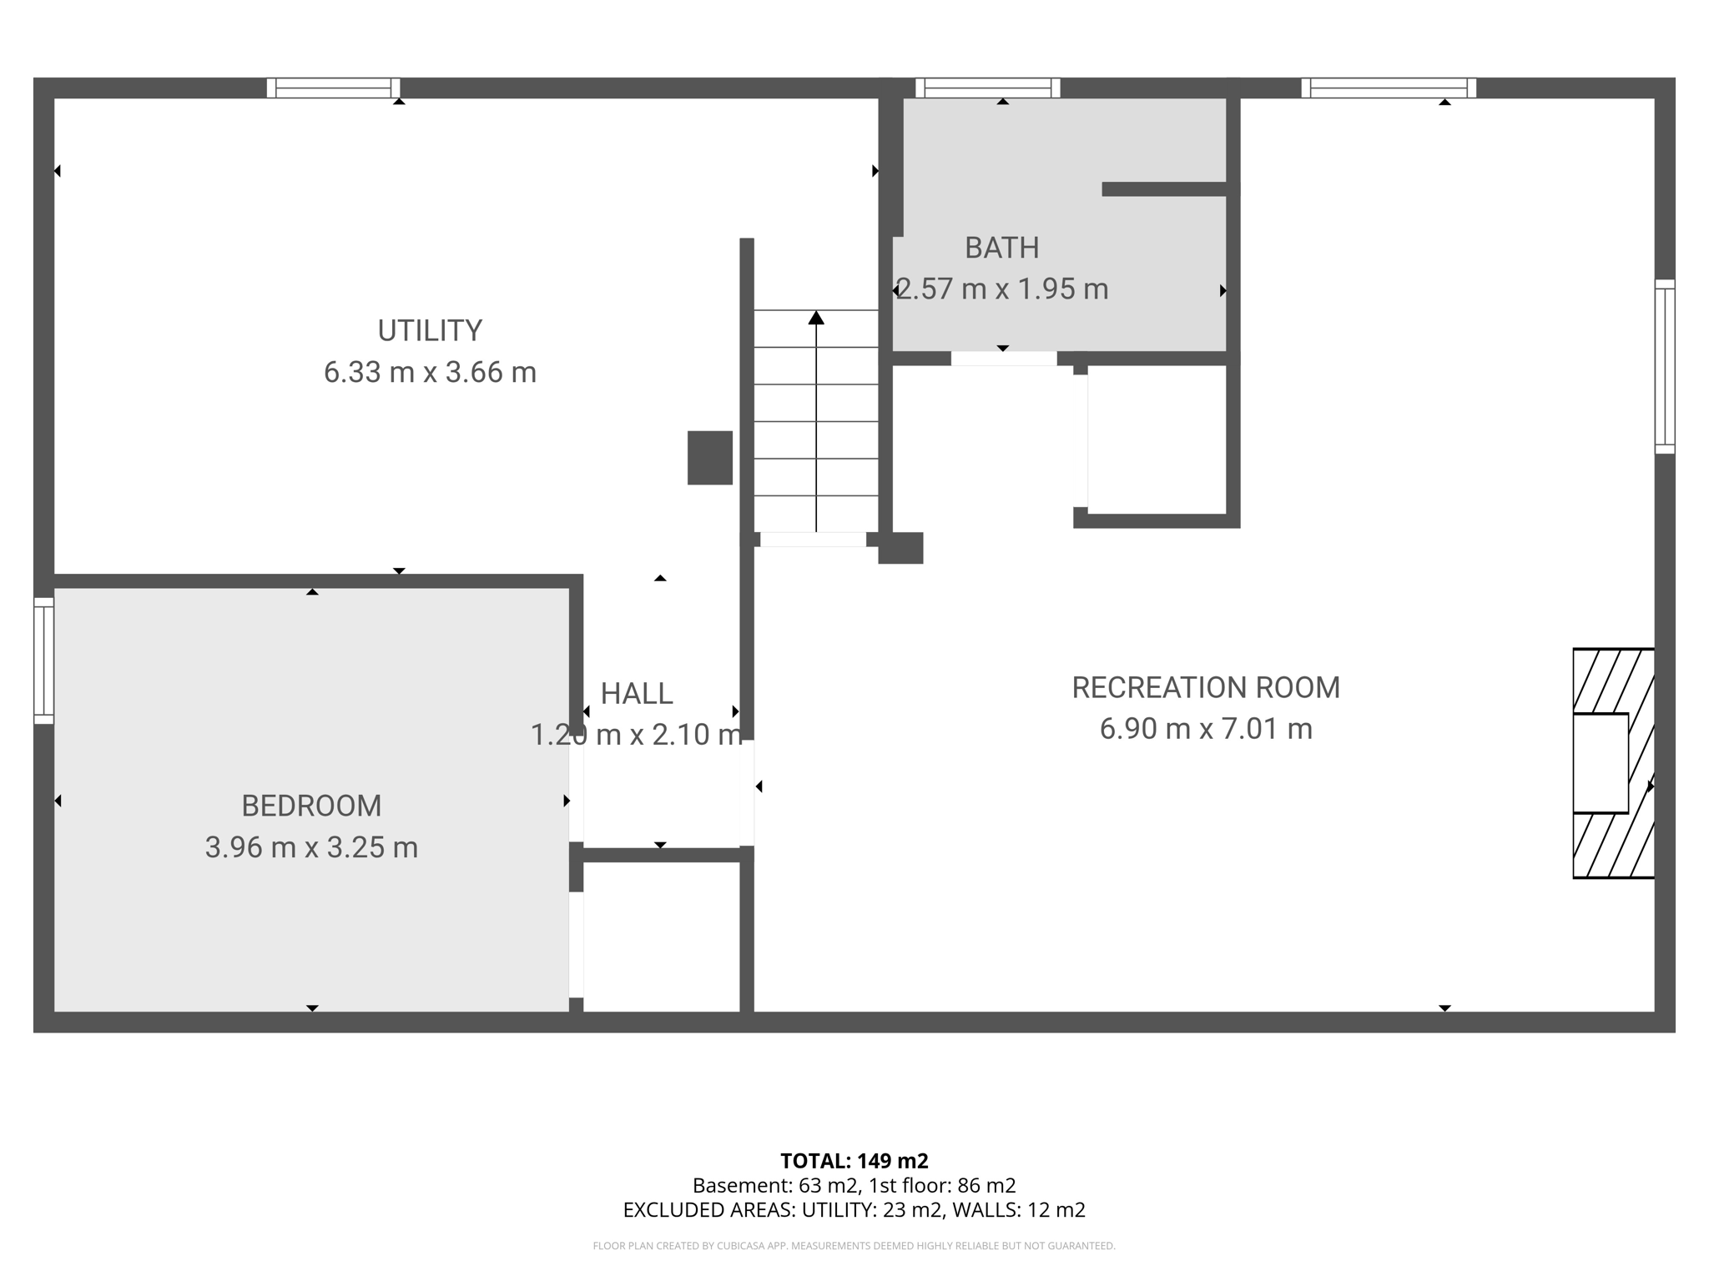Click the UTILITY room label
(430, 331)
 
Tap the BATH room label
(1002, 248)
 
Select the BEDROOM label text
(311, 806)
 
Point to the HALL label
(637, 693)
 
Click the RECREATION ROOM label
(1206, 687)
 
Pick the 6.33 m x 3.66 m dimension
(430, 372)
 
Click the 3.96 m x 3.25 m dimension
(311, 847)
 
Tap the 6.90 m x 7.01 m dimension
(1206, 729)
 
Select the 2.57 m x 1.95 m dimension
(1002, 289)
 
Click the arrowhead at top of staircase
(816, 318)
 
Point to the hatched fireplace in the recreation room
(1613, 763)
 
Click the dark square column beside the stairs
(710, 458)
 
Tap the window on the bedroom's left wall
(43, 661)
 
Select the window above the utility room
(333, 88)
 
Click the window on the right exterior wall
(1665, 367)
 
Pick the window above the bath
(988, 88)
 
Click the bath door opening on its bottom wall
(1004, 359)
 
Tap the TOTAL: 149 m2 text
(854, 1161)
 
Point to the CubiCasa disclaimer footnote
(854, 1246)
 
